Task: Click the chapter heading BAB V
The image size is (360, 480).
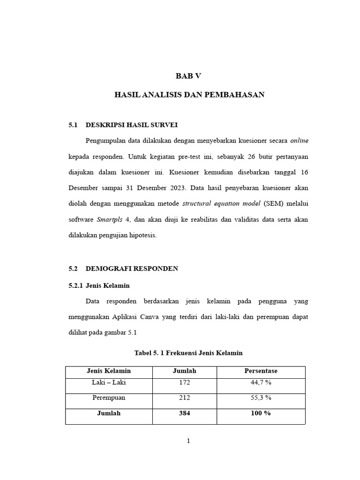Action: point(188,76)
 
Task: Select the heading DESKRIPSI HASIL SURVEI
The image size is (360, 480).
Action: point(132,125)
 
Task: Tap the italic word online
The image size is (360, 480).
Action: point(299,141)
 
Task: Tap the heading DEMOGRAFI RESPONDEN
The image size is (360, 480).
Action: point(132,269)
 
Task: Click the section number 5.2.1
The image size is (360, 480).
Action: point(75,285)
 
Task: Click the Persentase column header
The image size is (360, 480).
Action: point(261,371)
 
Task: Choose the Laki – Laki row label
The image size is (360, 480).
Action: point(109,382)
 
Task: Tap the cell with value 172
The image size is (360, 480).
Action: point(184,382)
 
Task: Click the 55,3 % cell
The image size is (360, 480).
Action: point(261,398)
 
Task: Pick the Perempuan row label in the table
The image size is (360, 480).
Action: point(109,398)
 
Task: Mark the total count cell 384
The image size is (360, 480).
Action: point(184,413)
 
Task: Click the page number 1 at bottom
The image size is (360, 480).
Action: point(188,441)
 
